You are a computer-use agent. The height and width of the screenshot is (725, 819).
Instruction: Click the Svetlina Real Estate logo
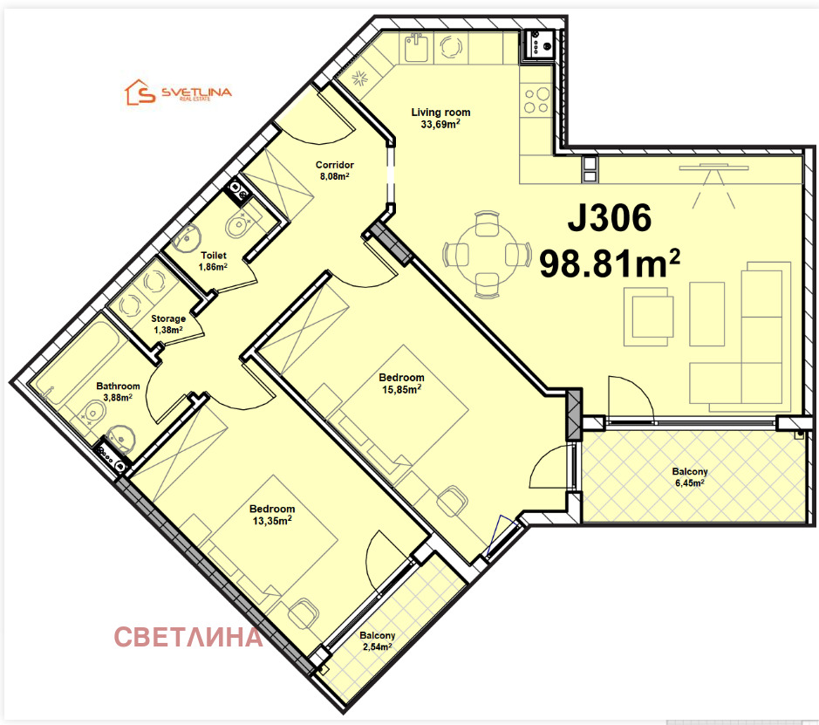pyautogui.click(x=179, y=92)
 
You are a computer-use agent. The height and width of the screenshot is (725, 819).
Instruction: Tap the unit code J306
pyautogui.click(x=609, y=219)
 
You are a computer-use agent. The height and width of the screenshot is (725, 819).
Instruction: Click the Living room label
pyautogui.click(x=440, y=118)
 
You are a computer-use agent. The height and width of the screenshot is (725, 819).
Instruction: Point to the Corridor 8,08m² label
pyautogui.click(x=335, y=170)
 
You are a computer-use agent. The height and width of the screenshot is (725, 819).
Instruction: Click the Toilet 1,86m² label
pyautogui.click(x=214, y=261)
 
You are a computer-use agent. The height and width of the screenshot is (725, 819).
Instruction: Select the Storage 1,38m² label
pyautogui.click(x=167, y=325)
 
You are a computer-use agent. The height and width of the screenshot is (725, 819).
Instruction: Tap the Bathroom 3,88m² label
pyautogui.click(x=118, y=392)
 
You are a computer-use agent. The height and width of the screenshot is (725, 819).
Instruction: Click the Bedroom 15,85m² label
pyautogui.click(x=401, y=383)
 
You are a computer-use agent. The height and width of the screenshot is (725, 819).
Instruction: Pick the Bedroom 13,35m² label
pyautogui.click(x=272, y=515)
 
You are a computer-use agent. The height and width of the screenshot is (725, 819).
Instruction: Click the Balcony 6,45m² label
pyautogui.click(x=690, y=477)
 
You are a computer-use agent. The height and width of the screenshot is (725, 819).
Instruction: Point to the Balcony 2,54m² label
pyautogui.click(x=377, y=641)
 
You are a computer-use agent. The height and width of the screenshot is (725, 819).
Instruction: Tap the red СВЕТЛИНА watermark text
pyautogui.click(x=188, y=637)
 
